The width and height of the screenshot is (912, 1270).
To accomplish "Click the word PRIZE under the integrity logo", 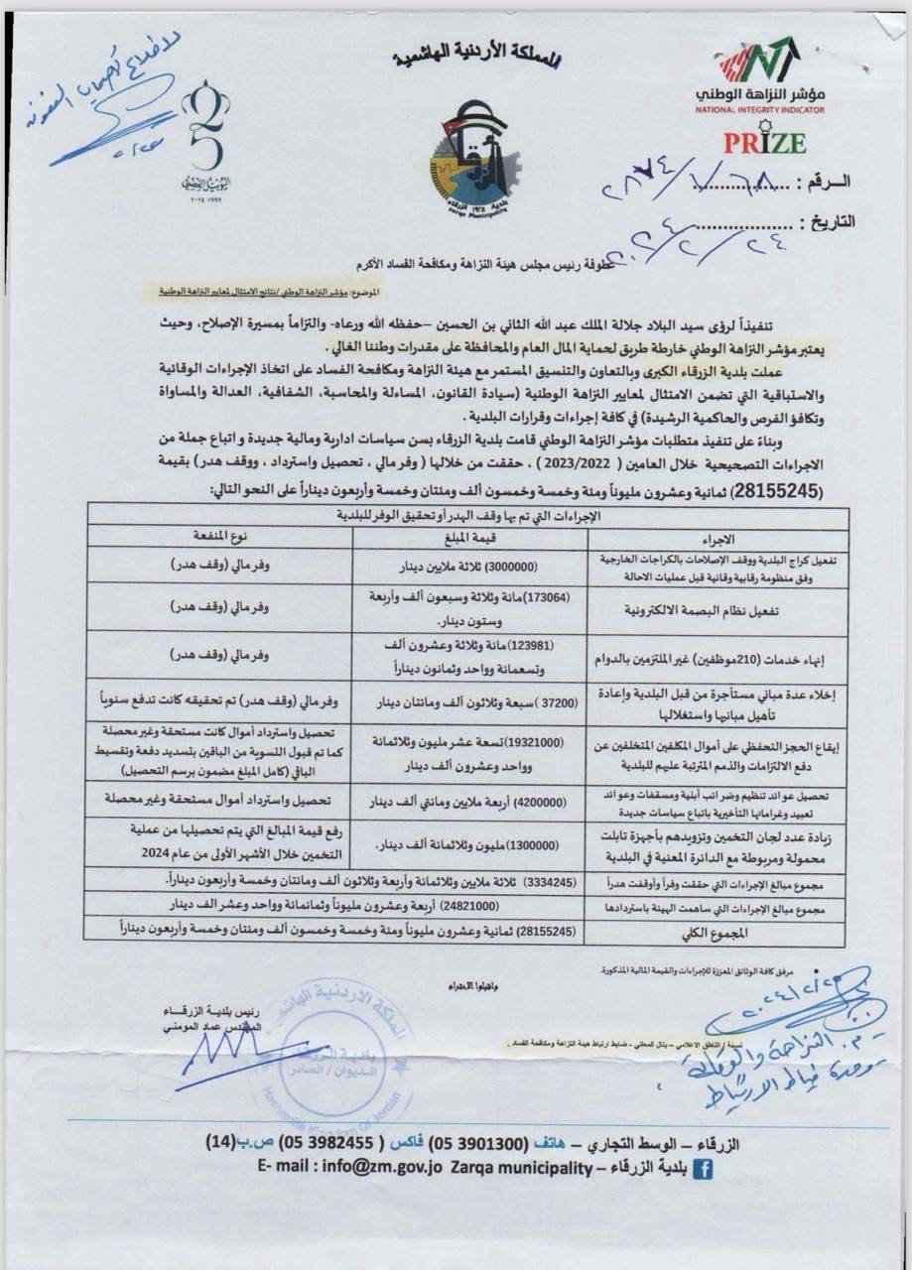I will [763, 141].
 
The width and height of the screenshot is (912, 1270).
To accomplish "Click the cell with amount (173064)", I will [466, 607].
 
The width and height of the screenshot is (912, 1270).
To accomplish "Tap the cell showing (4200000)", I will [466, 799].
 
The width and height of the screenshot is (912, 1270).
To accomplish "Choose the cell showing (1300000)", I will [466, 843].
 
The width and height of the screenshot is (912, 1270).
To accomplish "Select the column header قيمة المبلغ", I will [465, 539].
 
